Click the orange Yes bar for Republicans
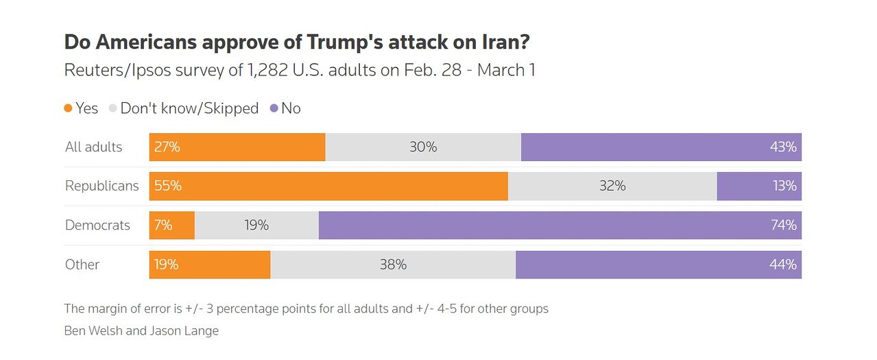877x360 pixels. (328, 186)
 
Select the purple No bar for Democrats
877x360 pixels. (560, 225)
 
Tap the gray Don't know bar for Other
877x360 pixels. (393, 265)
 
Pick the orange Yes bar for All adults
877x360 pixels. (237, 147)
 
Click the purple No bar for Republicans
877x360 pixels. (758, 186)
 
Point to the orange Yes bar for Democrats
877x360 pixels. (172, 225)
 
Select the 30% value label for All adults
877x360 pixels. (422, 147)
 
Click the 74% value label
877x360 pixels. (783, 225)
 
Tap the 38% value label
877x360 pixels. (393, 265)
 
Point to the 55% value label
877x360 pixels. (168, 186)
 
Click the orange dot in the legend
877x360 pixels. (69, 108)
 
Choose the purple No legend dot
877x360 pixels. (274, 108)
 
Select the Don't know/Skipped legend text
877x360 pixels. (189, 108)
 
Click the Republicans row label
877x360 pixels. (101, 186)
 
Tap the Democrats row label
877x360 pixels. (97, 225)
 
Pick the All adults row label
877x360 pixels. (93, 147)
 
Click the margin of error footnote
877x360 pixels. (306, 309)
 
